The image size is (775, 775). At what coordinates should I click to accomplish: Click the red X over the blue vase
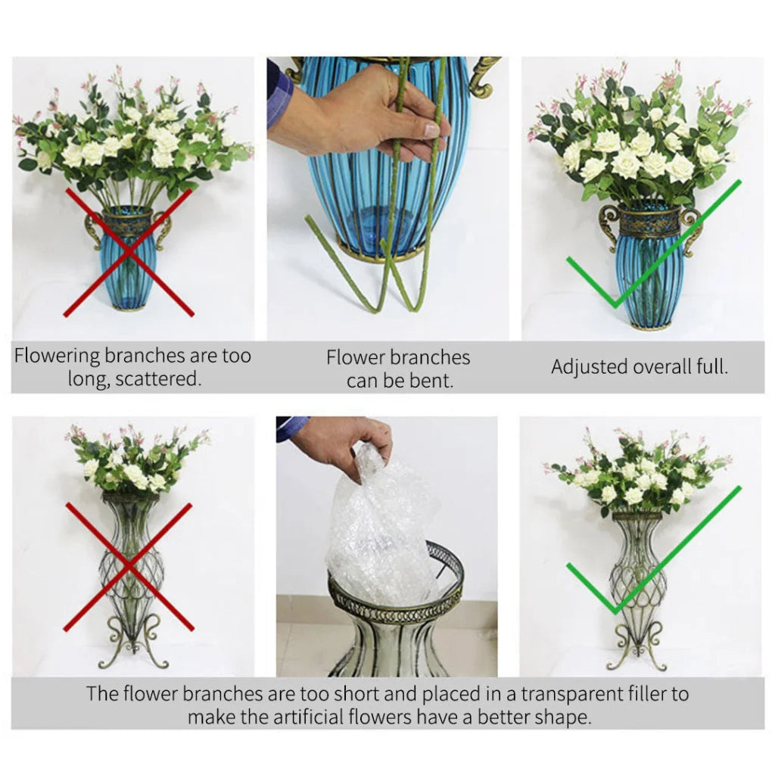[128, 253]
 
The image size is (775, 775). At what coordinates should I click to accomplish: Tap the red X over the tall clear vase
[129, 566]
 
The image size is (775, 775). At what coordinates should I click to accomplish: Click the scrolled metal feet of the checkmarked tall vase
[638, 647]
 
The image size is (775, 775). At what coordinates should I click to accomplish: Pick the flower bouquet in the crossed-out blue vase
[132, 140]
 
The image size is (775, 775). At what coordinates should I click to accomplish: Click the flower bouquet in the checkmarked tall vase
[638, 473]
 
